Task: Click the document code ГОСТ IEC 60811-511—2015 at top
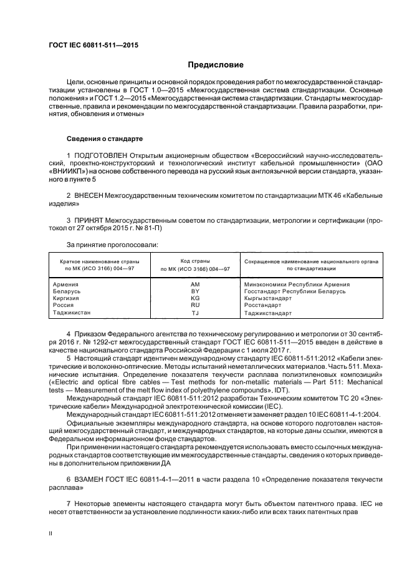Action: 93,46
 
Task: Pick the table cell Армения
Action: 66,285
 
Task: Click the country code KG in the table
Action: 194,298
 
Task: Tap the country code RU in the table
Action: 194,305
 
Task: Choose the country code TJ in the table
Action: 194,313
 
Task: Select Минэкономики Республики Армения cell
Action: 297,285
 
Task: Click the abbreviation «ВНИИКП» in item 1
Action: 72,170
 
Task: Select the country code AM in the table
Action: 194,285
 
